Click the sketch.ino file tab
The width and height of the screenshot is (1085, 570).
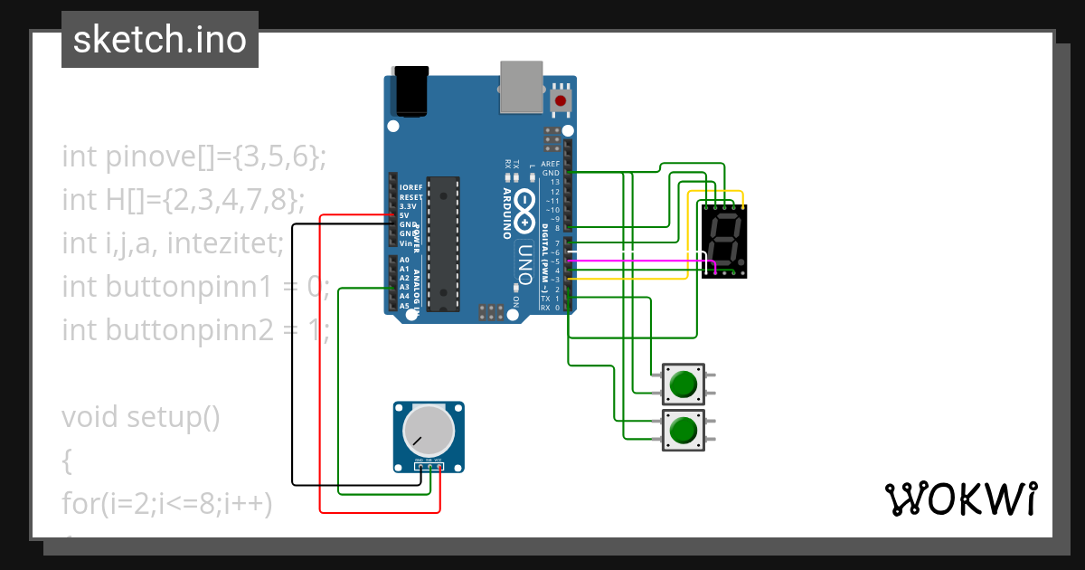pyautogui.click(x=160, y=40)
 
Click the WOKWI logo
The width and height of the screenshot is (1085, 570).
pyautogui.click(x=960, y=499)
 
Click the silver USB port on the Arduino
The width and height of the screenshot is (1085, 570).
pyautogui.click(x=522, y=87)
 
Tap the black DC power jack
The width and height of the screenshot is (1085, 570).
pyautogui.click(x=410, y=90)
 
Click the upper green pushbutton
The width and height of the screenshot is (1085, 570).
pyautogui.click(x=683, y=385)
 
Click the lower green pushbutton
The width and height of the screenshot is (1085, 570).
pyautogui.click(x=683, y=430)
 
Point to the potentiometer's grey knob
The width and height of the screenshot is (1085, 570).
pyautogui.click(x=428, y=431)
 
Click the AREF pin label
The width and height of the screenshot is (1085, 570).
pyautogui.click(x=550, y=164)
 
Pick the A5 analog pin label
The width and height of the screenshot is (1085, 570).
pyautogui.click(x=404, y=306)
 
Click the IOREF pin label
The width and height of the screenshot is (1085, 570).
pyautogui.click(x=410, y=188)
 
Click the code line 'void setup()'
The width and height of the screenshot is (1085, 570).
pyautogui.click(x=141, y=417)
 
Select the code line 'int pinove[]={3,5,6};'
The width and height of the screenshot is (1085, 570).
pyautogui.click(x=193, y=157)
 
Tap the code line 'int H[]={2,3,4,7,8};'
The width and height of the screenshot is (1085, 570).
pyautogui.click(x=184, y=199)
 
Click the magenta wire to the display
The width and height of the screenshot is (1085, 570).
pyautogui.click(x=633, y=261)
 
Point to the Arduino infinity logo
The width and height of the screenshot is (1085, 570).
pyautogui.click(x=526, y=210)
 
